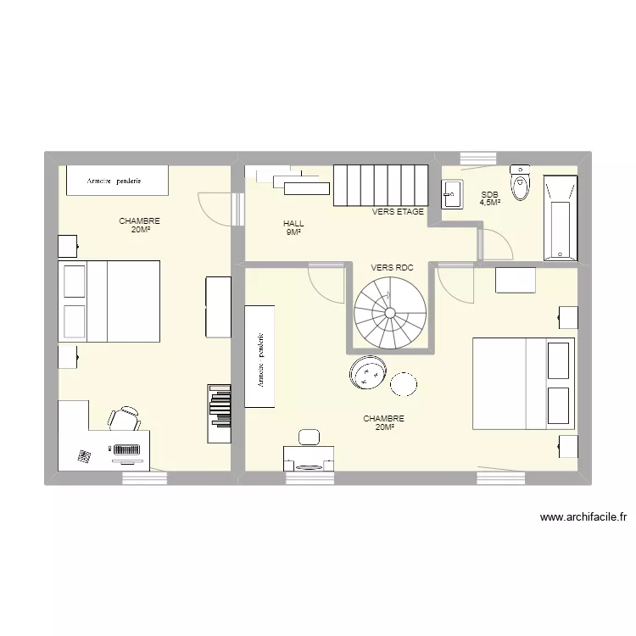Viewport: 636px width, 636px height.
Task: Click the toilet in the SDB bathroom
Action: (x=520, y=183)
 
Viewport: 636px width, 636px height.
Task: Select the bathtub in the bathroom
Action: (x=559, y=217)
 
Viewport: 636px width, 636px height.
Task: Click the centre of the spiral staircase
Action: (x=390, y=313)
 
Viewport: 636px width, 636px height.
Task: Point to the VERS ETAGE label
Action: (x=398, y=212)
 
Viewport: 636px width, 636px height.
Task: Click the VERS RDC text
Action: (x=392, y=267)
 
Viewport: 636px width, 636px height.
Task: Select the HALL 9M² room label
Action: (x=293, y=227)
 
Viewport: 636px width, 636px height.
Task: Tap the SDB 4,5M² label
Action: (x=490, y=198)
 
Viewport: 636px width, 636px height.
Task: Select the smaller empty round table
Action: (x=404, y=384)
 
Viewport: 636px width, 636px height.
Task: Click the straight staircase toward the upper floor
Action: (x=378, y=185)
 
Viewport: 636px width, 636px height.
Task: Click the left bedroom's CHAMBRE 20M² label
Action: (x=139, y=225)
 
